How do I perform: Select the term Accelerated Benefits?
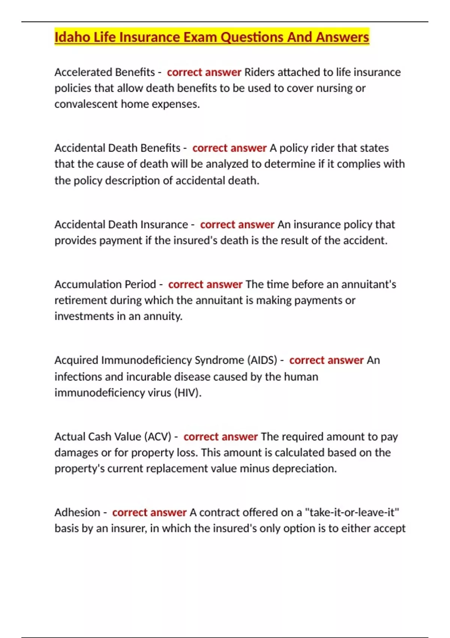coord(105,72)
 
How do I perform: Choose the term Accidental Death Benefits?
coord(117,148)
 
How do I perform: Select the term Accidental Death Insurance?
coord(121,224)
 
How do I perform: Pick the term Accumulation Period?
coord(105,284)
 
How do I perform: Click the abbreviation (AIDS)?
coord(262,360)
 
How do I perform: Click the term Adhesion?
coord(77,513)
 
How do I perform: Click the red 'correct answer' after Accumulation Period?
coord(205,284)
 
